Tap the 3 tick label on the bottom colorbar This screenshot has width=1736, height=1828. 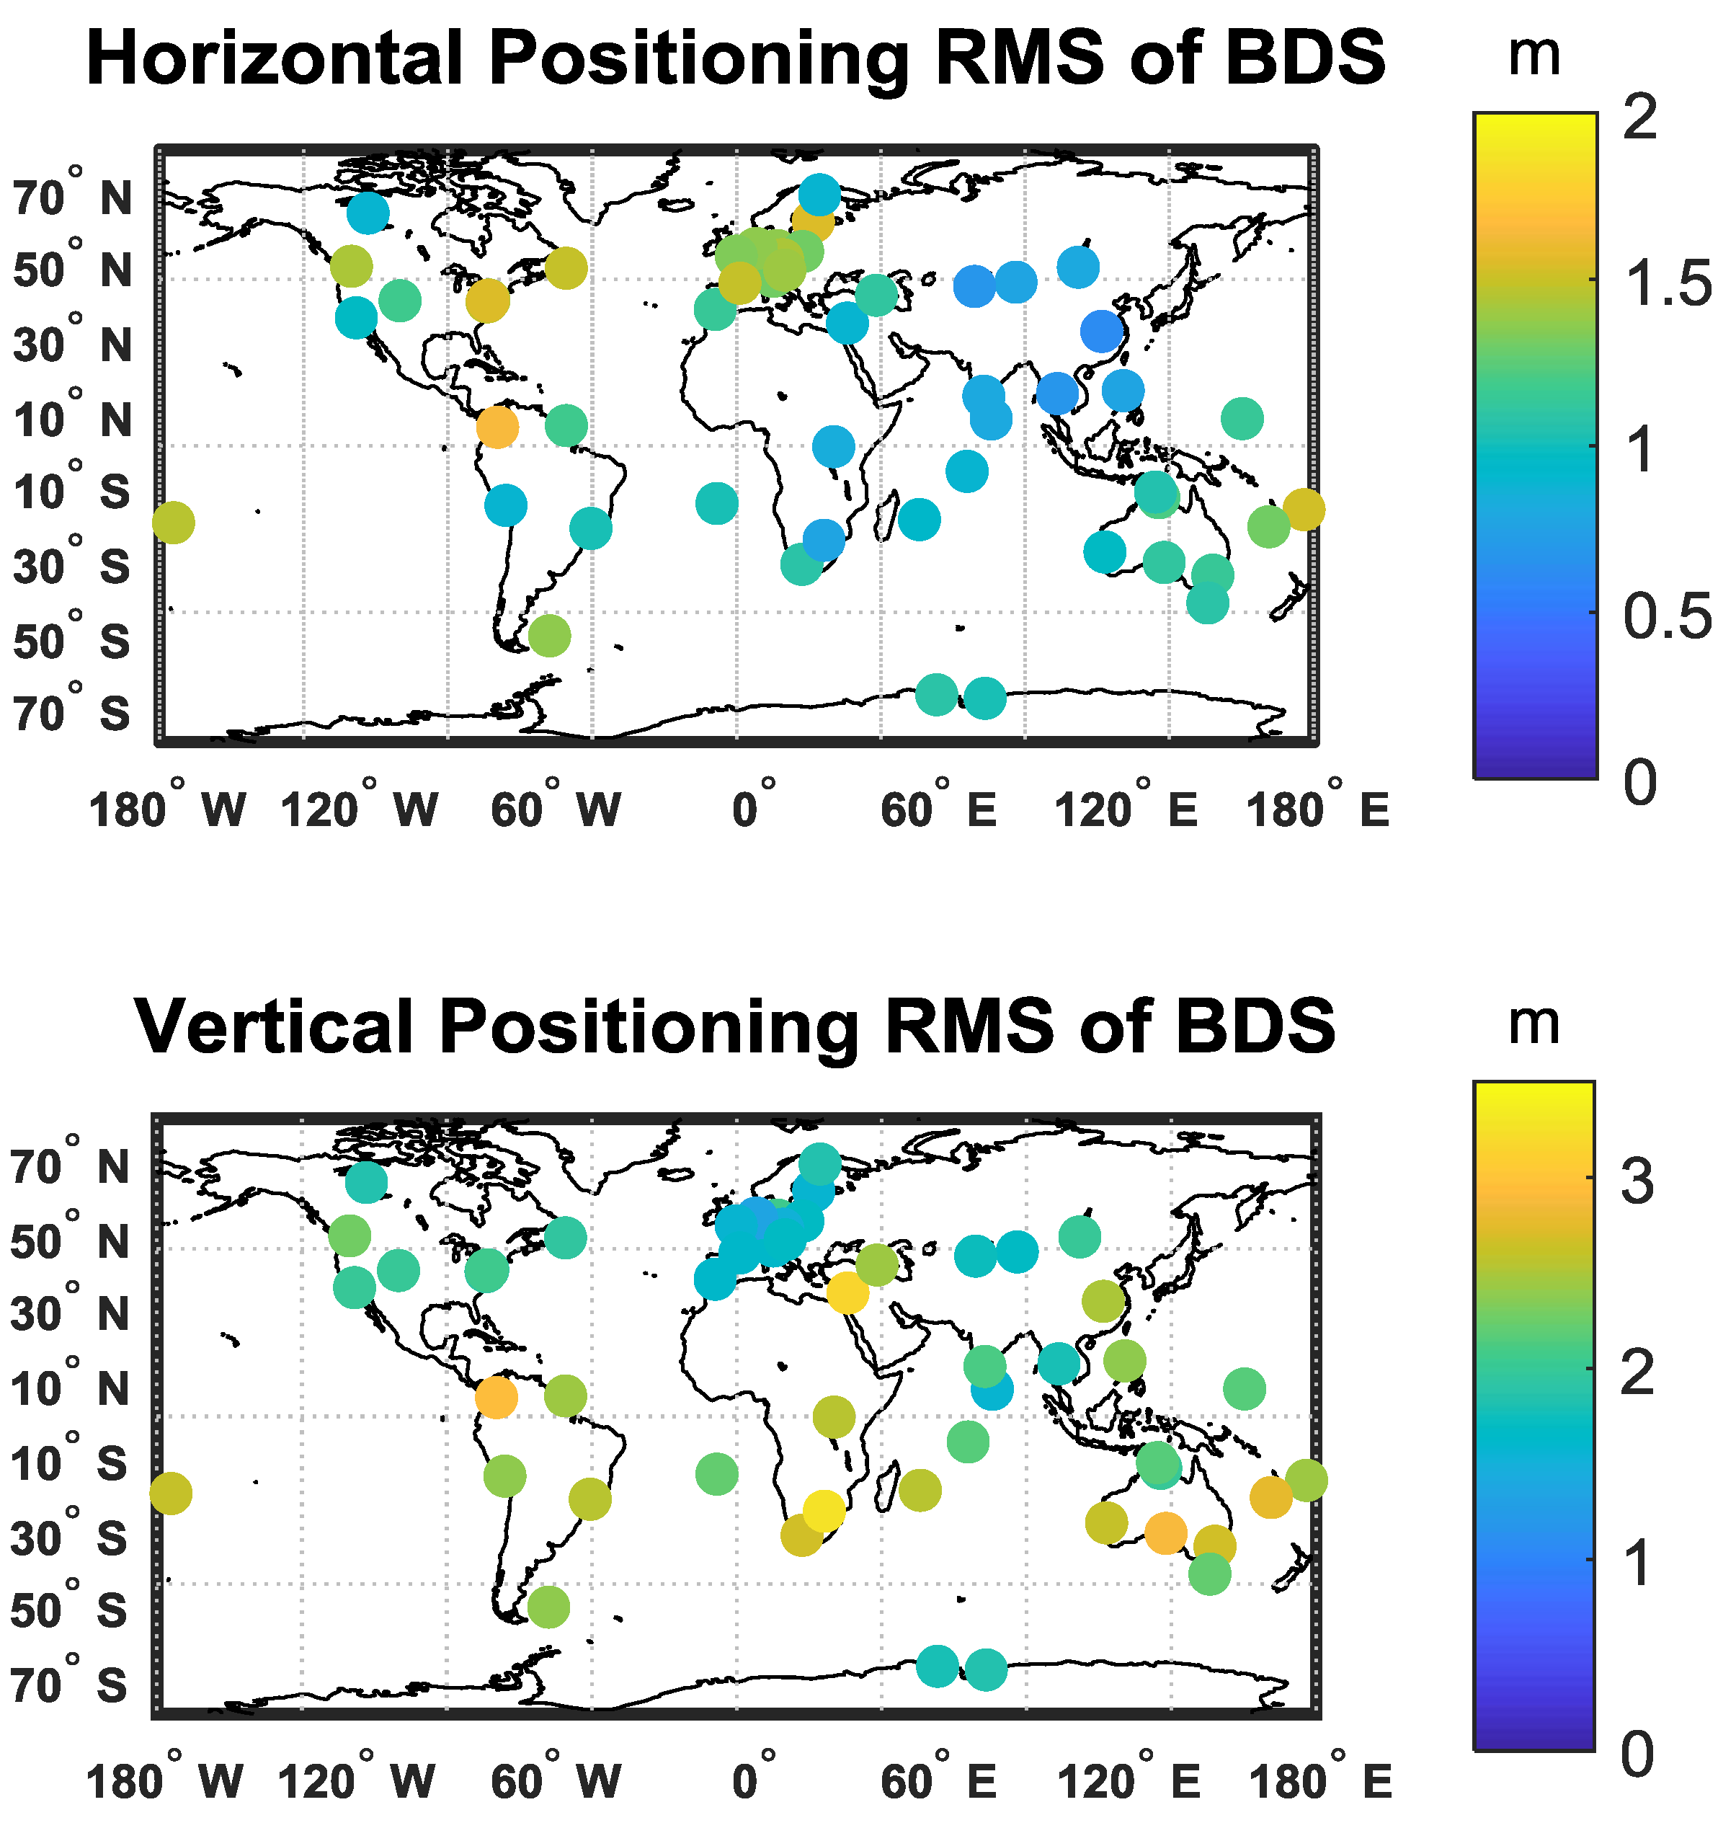pos(1637,1182)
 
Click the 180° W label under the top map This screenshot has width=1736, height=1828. pos(166,811)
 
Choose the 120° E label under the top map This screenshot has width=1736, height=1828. pos(1125,811)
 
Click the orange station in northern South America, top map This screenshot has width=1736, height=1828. pos(498,427)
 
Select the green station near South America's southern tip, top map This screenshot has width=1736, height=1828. pos(548,636)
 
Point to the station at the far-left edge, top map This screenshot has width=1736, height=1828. pos(173,523)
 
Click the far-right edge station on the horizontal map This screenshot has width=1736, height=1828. pos(1303,509)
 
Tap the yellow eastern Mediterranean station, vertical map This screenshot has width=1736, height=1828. pos(847,1293)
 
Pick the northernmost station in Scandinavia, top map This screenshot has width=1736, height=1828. pos(819,195)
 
